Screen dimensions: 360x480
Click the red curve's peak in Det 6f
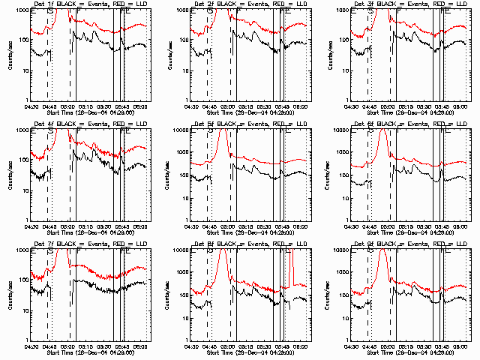point(383,130)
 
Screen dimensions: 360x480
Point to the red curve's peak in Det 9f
point(383,250)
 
